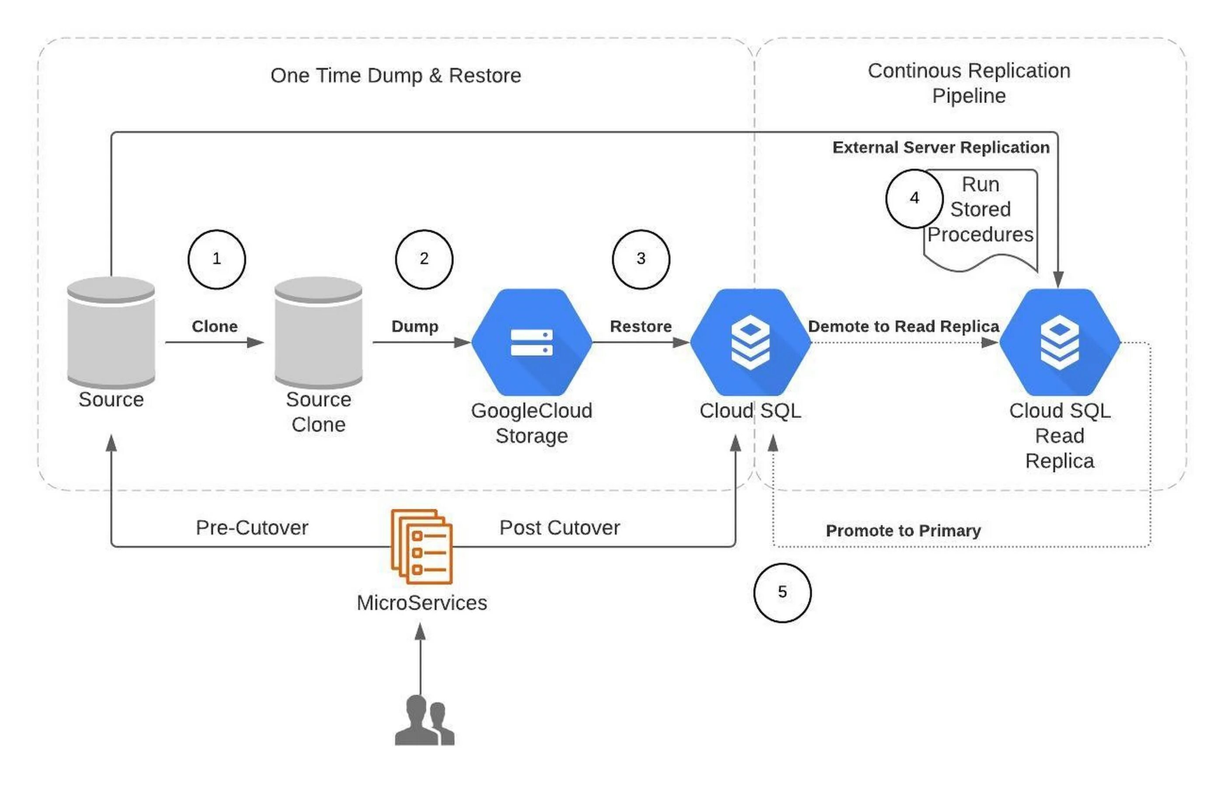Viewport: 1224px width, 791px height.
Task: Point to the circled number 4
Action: coord(914,199)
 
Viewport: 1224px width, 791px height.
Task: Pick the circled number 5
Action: coord(782,593)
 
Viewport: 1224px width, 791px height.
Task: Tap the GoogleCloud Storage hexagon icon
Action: coord(532,342)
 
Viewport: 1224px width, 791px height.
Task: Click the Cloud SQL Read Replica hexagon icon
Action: coord(1059,342)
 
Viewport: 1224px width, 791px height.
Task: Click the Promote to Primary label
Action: coord(903,531)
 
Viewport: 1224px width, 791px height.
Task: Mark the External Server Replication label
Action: coord(940,147)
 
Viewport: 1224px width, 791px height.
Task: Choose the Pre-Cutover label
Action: coord(252,527)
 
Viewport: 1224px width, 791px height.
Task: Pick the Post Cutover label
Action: coord(560,527)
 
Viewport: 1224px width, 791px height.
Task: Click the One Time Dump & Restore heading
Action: coord(396,76)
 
